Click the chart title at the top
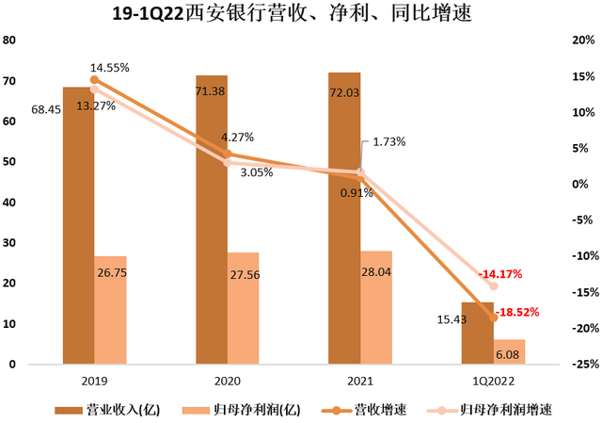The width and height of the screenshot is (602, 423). [301, 14]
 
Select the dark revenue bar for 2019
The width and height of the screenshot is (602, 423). [78, 226]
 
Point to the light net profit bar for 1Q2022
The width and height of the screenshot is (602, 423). [509, 351]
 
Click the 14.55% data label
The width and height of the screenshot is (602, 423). [110, 68]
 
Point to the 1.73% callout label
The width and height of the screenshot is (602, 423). [388, 141]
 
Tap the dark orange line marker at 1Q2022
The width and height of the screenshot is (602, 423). [493, 317]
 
